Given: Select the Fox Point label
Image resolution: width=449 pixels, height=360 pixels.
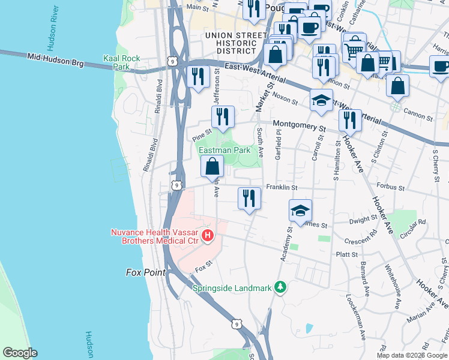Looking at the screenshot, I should point(145,272).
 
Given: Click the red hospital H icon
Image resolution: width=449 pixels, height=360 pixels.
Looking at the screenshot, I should point(208,235).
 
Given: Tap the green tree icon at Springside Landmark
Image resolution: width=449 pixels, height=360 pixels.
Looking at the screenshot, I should point(279,287).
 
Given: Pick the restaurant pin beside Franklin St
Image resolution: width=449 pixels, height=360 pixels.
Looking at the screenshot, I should point(249,199).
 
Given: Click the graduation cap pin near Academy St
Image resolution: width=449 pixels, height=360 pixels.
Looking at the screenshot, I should point(300,211).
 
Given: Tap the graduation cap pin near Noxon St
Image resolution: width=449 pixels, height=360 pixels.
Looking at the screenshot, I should point(321,100).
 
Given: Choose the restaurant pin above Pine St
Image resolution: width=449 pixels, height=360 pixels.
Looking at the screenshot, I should point(223,118).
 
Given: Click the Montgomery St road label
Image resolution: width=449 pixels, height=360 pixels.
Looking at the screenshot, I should point(298,127).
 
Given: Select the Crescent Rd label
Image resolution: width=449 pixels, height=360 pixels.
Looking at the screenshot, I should point(361,239).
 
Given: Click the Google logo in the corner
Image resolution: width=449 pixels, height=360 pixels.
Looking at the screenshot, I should point(20,353).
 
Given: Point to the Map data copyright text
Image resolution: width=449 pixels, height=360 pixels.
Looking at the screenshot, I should point(412,355).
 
